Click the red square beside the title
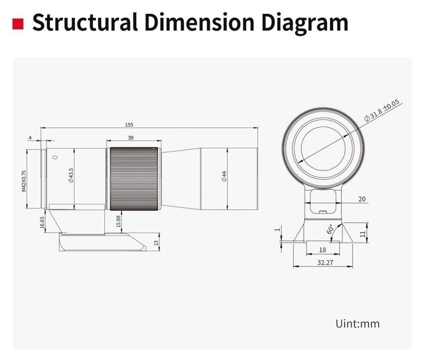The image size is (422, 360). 18,24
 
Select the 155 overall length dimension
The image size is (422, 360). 129,125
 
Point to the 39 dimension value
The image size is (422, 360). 131,138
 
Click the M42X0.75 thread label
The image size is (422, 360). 24,181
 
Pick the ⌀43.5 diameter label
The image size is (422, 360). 71,176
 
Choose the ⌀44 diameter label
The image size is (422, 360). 224,176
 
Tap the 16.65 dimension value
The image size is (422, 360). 42,223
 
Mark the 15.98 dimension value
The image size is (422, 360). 118,221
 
